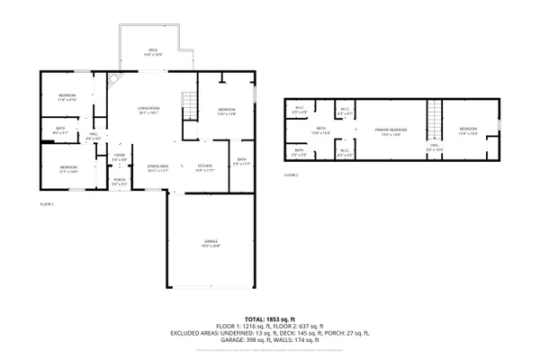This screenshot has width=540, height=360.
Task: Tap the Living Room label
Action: [148, 110]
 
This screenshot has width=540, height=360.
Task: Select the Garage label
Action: [210, 242]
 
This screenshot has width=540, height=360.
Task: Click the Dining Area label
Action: [158, 167]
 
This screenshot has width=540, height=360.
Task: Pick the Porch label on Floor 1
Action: [120, 181]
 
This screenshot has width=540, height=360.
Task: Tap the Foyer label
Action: [119, 157]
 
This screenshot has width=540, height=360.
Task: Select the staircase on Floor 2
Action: [435, 115]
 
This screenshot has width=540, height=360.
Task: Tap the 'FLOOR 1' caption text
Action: [47, 205]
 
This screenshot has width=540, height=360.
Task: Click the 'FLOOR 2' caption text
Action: [291, 175]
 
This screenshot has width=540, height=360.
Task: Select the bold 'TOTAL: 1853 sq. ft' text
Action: [269, 317]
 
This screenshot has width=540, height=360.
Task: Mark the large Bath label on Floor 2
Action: [320, 130]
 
